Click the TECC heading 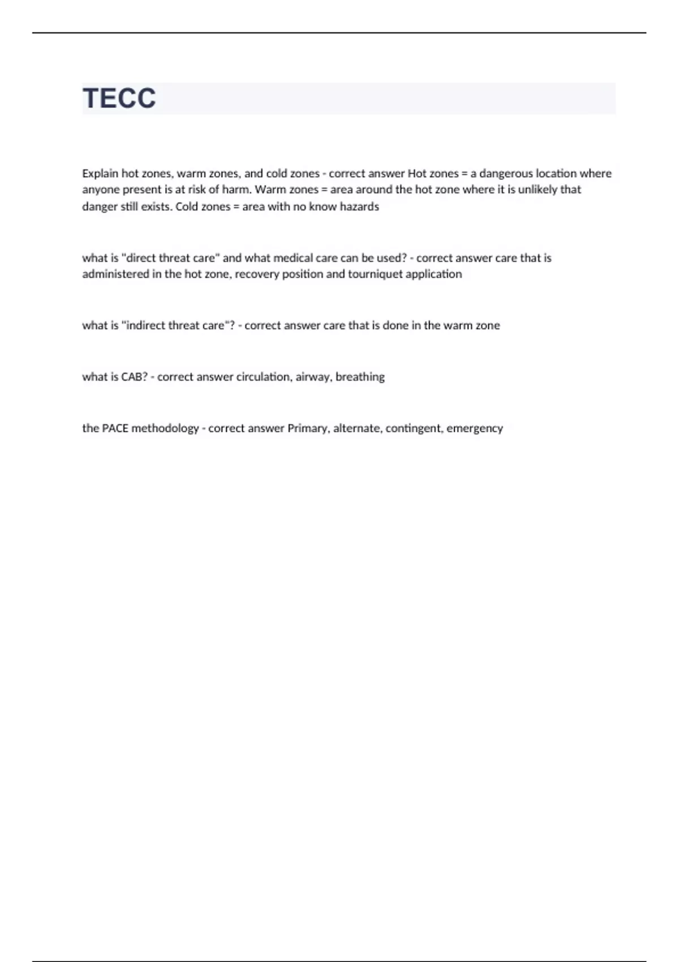pyautogui.click(x=119, y=98)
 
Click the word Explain pyautogui.click(x=100, y=174)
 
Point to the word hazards pyautogui.click(x=359, y=207)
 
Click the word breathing pyautogui.click(x=360, y=377)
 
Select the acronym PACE pyautogui.click(x=115, y=428)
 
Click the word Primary pyautogui.click(x=308, y=428)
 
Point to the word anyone pyautogui.click(x=101, y=190)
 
